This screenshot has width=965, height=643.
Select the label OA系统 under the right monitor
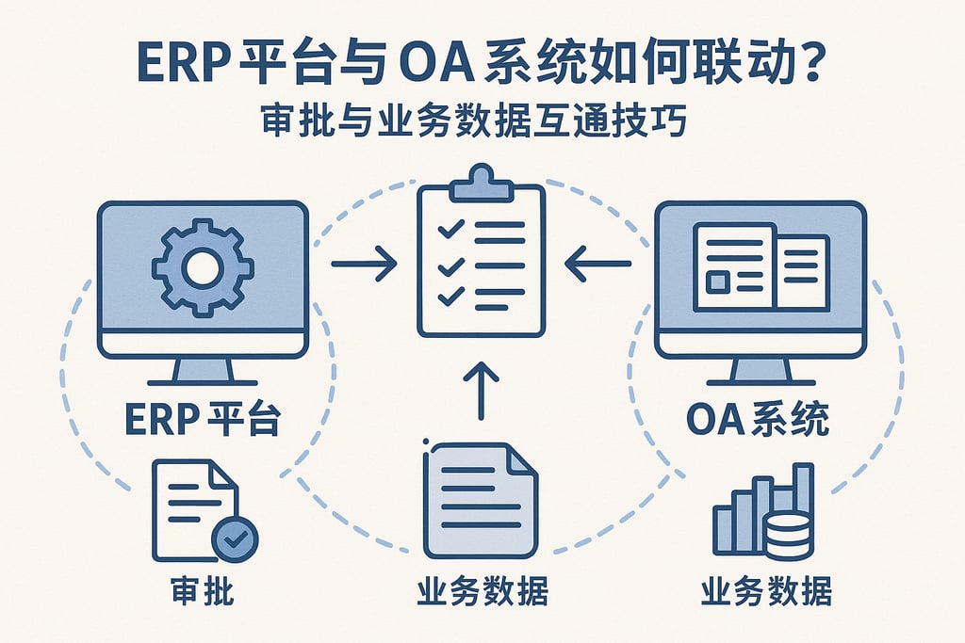[x=758, y=420]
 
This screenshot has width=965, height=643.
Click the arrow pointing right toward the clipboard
[x=364, y=265]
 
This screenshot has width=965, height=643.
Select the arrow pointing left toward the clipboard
[x=597, y=265]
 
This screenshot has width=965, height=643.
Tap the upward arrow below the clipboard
[x=481, y=390]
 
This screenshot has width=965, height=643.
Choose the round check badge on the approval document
[x=235, y=539]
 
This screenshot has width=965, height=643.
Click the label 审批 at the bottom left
[x=202, y=591]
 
